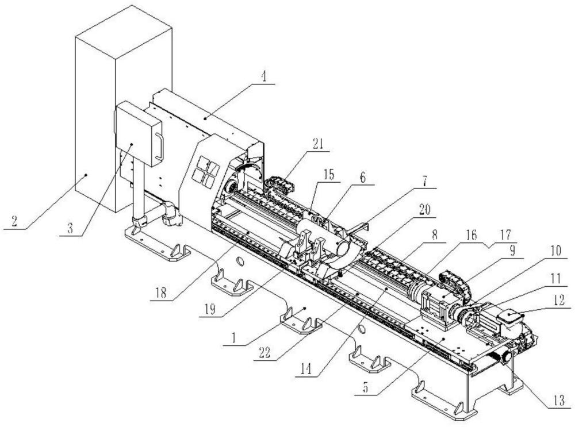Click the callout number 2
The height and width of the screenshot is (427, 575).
coord(14,221)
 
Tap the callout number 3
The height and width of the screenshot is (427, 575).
coord(70,228)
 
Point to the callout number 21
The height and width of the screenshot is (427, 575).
coord(317,144)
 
